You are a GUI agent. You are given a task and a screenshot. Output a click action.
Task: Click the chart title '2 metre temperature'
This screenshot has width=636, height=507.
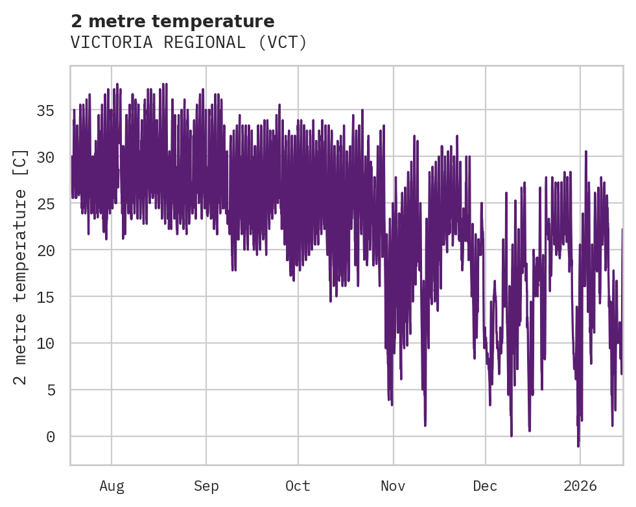click(172, 21)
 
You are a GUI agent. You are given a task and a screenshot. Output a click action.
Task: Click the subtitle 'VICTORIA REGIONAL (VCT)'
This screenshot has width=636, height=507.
click(189, 43)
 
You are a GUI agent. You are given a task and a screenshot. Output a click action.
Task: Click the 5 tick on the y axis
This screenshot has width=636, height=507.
click(50, 390)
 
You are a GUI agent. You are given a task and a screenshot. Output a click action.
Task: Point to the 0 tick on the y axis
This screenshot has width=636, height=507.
click(50, 437)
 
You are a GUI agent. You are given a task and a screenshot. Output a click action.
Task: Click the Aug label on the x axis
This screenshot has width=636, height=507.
click(112, 486)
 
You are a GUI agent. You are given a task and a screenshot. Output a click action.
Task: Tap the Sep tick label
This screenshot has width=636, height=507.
click(206, 486)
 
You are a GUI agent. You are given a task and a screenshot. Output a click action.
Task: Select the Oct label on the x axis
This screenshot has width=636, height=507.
click(298, 486)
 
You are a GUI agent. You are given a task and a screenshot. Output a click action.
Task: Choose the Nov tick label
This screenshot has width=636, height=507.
click(393, 486)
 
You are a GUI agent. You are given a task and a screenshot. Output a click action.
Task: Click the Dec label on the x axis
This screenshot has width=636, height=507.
click(485, 486)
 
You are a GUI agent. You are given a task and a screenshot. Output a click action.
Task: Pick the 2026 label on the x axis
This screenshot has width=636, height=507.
click(580, 486)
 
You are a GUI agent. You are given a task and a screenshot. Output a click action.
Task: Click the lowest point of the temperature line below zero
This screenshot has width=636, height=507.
click(578, 446)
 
